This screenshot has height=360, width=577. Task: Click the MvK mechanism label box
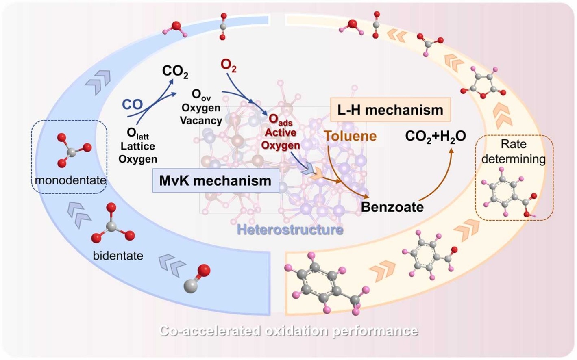[x=215, y=180]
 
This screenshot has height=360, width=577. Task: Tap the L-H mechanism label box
[x=390, y=109]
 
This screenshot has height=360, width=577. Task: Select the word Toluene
[x=350, y=136]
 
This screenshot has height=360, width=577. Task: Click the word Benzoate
[x=392, y=207]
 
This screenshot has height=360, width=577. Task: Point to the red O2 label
[x=229, y=65]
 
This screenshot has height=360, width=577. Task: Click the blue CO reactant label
[x=132, y=104]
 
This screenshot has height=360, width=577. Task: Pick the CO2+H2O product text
[x=435, y=136]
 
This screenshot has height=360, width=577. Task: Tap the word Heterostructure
[x=290, y=230]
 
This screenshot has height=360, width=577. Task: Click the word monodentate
[x=70, y=180]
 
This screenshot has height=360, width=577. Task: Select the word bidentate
[x=118, y=256]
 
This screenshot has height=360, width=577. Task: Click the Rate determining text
[x=513, y=151]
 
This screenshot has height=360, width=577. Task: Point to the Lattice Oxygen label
[x=137, y=146]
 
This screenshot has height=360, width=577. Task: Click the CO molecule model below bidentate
[x=197, y=278]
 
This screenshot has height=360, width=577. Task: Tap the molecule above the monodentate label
[x=73, y=150]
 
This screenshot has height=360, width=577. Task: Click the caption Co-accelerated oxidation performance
[x=288, y=331]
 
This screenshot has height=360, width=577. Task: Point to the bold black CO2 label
[x=175, y=71]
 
